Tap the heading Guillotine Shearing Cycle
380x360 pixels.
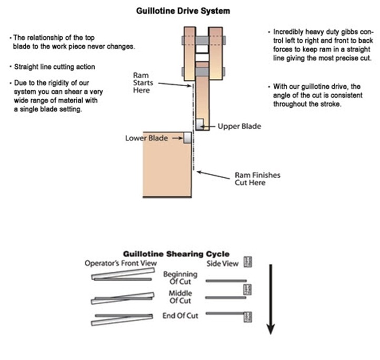pyautogui.click(x=176, y=254)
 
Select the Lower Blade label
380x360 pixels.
pyautogui.click(x=146, y=138)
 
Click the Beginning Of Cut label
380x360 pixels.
pyautogui.click(x=180, y=277)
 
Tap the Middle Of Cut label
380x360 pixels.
pyautogui.click(x=180, y=297)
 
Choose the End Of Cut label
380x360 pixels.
pyautogui.click(x=180, y=316)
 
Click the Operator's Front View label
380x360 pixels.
pyautogui.click(x=121, y=263)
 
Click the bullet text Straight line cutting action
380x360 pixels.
pyautogui.click(x=53, y=67)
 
